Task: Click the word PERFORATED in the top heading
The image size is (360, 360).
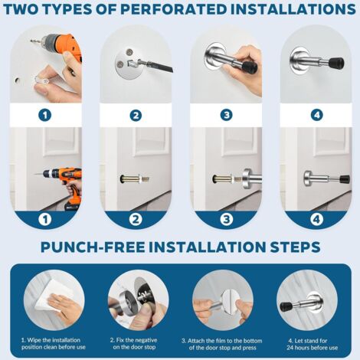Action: [x=173, y=9]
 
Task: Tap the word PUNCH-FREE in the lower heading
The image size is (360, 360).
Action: [x=92, y=247]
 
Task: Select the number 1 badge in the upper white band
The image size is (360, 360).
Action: [x=45, y=115]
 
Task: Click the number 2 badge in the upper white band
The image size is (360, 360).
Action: [x=136, y=116]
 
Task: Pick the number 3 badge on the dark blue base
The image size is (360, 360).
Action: [x=227, y=219]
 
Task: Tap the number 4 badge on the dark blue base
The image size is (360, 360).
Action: [x=316, y=219]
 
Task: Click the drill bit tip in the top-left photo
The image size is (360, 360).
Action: [x=31, y=41]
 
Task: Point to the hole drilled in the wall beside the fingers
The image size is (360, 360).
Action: [x=18, y=80]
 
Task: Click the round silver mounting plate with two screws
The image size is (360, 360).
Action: [x=125, y=61]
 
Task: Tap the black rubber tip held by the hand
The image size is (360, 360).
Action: [x=250, y=67]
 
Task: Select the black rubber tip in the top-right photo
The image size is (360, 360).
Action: [x=337, y=62]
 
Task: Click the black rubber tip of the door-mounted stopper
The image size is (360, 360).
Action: [x=344, y=179]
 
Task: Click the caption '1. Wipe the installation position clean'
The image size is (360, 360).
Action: [x=54, y=344]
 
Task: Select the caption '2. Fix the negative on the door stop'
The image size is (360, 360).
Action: [x=134, y=344]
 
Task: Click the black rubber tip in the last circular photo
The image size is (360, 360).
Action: [x=286, y=306]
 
